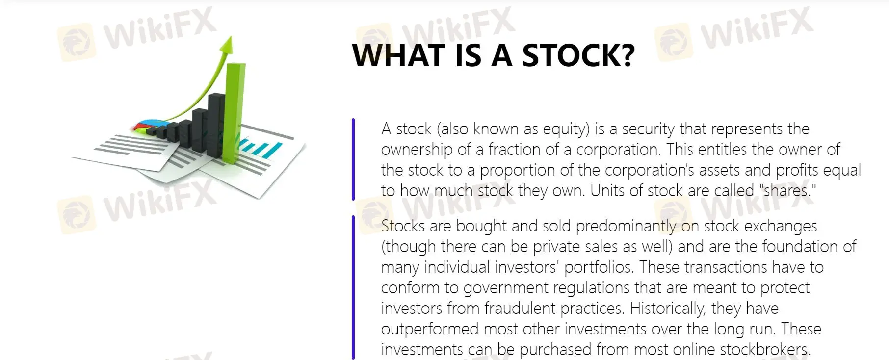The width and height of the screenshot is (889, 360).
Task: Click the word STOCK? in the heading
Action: pyautogui.click(x=578, y=55)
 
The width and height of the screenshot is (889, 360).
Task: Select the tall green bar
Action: pyautogui.click(x=234, y=113)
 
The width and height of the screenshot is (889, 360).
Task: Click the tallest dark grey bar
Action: pyautogui.click(x=217, y=125)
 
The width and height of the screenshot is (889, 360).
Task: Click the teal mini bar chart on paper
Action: pyautogui.click(x=260, y=148)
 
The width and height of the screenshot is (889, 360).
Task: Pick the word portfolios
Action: pyautogui.click(x=599, y=267)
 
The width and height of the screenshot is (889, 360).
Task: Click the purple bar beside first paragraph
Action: pyautogui.click(x=353, y=159)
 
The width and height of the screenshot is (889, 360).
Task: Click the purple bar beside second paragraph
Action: pyautogui.click(x=353, y=287)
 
